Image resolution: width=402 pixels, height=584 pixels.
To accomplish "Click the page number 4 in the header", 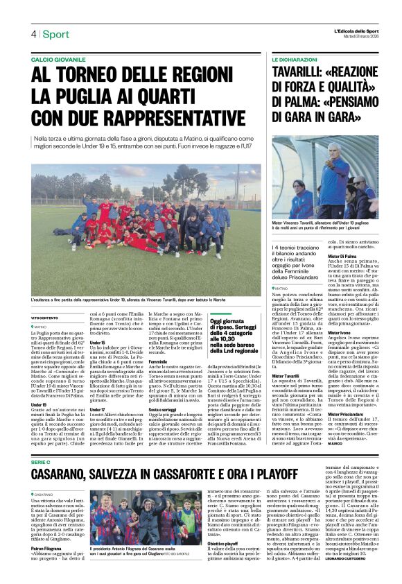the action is tap(33, 34).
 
